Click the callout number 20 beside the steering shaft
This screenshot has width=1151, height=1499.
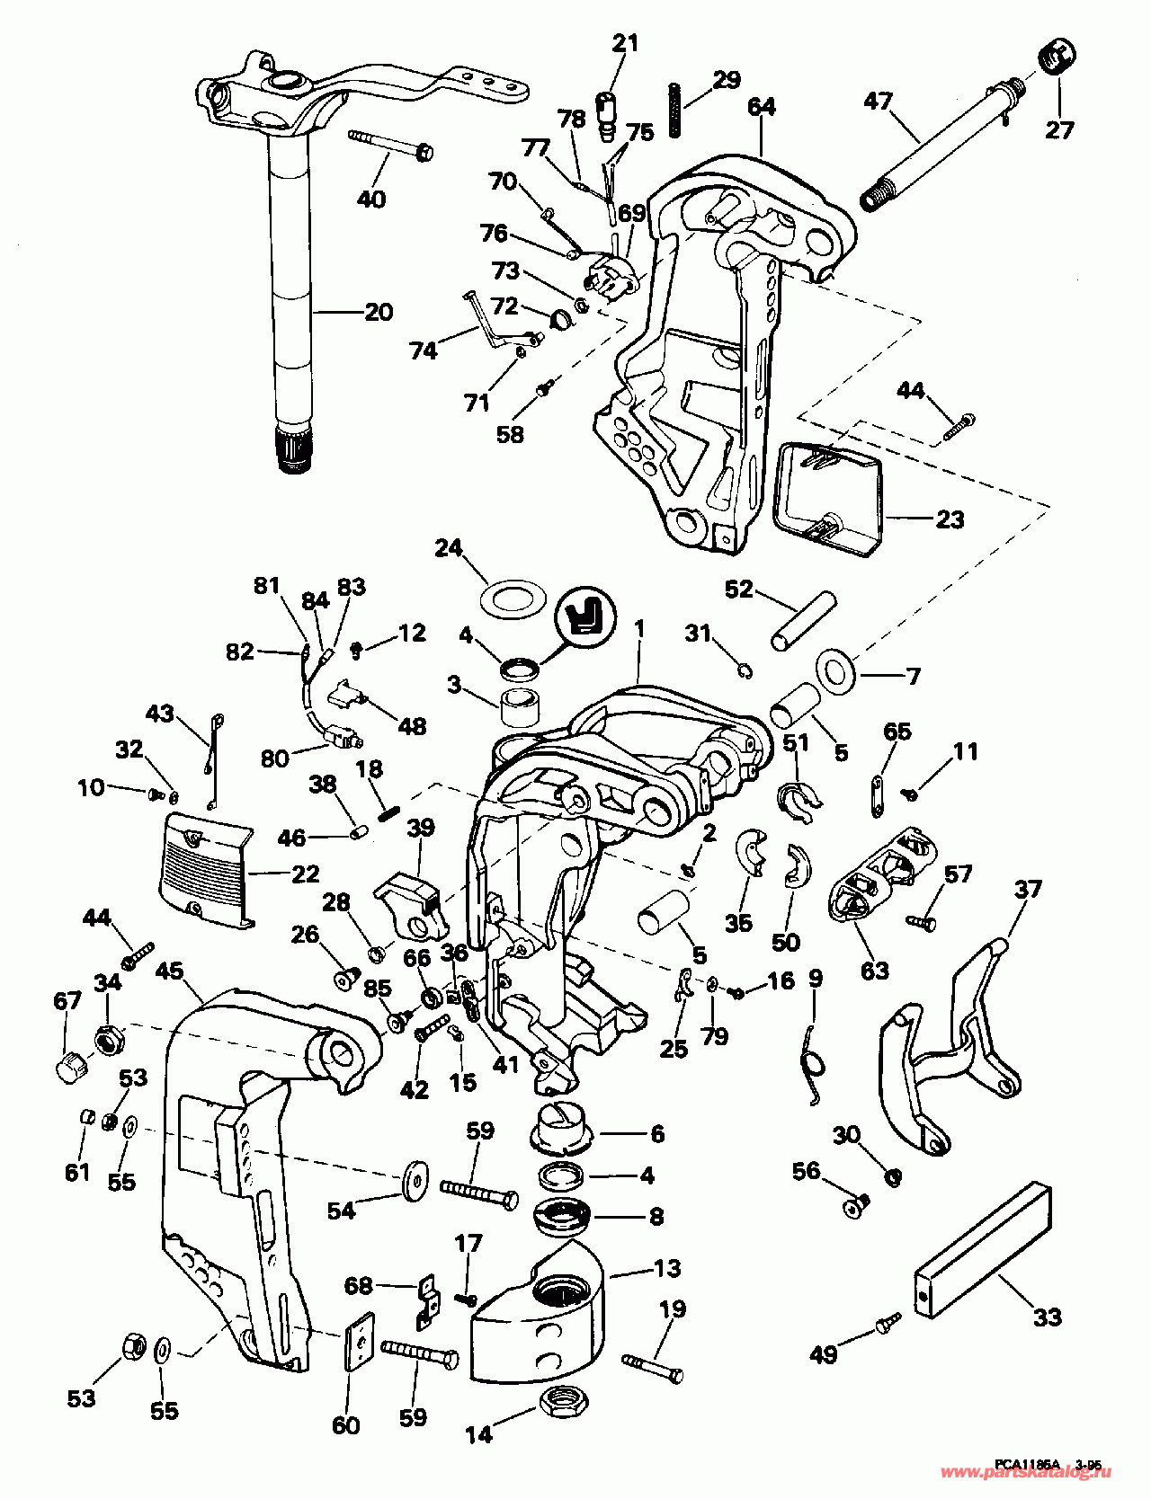[x=379, y=312]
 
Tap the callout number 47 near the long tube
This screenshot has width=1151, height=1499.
[x=878, y=102]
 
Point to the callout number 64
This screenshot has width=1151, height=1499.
[x=761, y=106]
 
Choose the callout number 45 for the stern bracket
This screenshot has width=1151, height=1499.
[x=170, y=971]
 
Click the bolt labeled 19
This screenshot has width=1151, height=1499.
[x=652, y=1369]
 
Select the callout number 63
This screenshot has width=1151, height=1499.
[x=874, y=971]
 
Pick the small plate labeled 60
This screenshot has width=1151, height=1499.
[x=360, y=1339]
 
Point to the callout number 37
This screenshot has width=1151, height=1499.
[x=1028, y=889]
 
